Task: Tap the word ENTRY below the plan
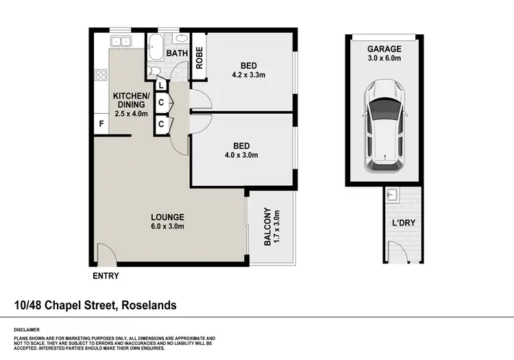[x=106, y=276]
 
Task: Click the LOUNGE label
[x=167, y=217]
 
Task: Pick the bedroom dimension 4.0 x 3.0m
[x=241, y=156]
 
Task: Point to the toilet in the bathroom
[x=155, y=71]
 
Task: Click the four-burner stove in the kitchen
[x=101, y=75]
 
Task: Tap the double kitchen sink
[x=121, y=41]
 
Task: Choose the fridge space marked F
[x=101, y=125]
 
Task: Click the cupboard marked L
[x=161, y=85]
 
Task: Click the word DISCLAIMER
[x=27, y=329]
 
